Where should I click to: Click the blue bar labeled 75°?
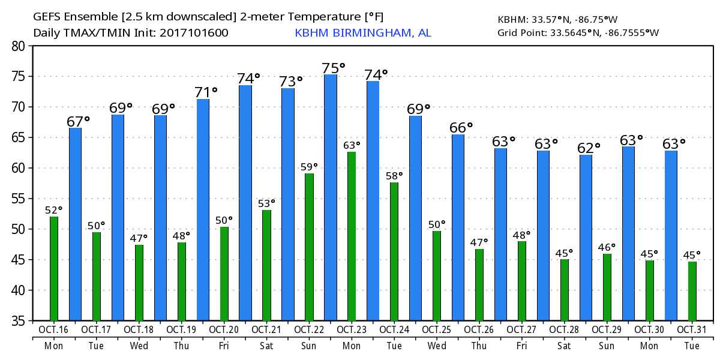pos(331,198)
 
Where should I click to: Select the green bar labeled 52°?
pos(54,269)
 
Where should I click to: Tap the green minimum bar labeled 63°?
pos(352,236)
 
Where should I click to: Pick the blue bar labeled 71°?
pos(203,210)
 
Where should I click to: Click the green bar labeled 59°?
pos(309,247)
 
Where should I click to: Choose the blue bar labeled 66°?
pos(458,228)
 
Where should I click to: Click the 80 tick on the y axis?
pos(18,46)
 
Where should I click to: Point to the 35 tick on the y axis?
pos(18,321)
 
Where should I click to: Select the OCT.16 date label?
pos(54,329)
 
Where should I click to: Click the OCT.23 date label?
pos(352,329)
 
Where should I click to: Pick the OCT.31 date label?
pos(692,329)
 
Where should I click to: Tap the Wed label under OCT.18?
pos(139,346)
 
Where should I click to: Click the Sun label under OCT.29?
pos(607,346)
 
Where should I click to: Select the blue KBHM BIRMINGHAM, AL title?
pos(362,32)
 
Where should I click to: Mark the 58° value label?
pos(394,176)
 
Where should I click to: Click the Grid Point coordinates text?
pos(578,32)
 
